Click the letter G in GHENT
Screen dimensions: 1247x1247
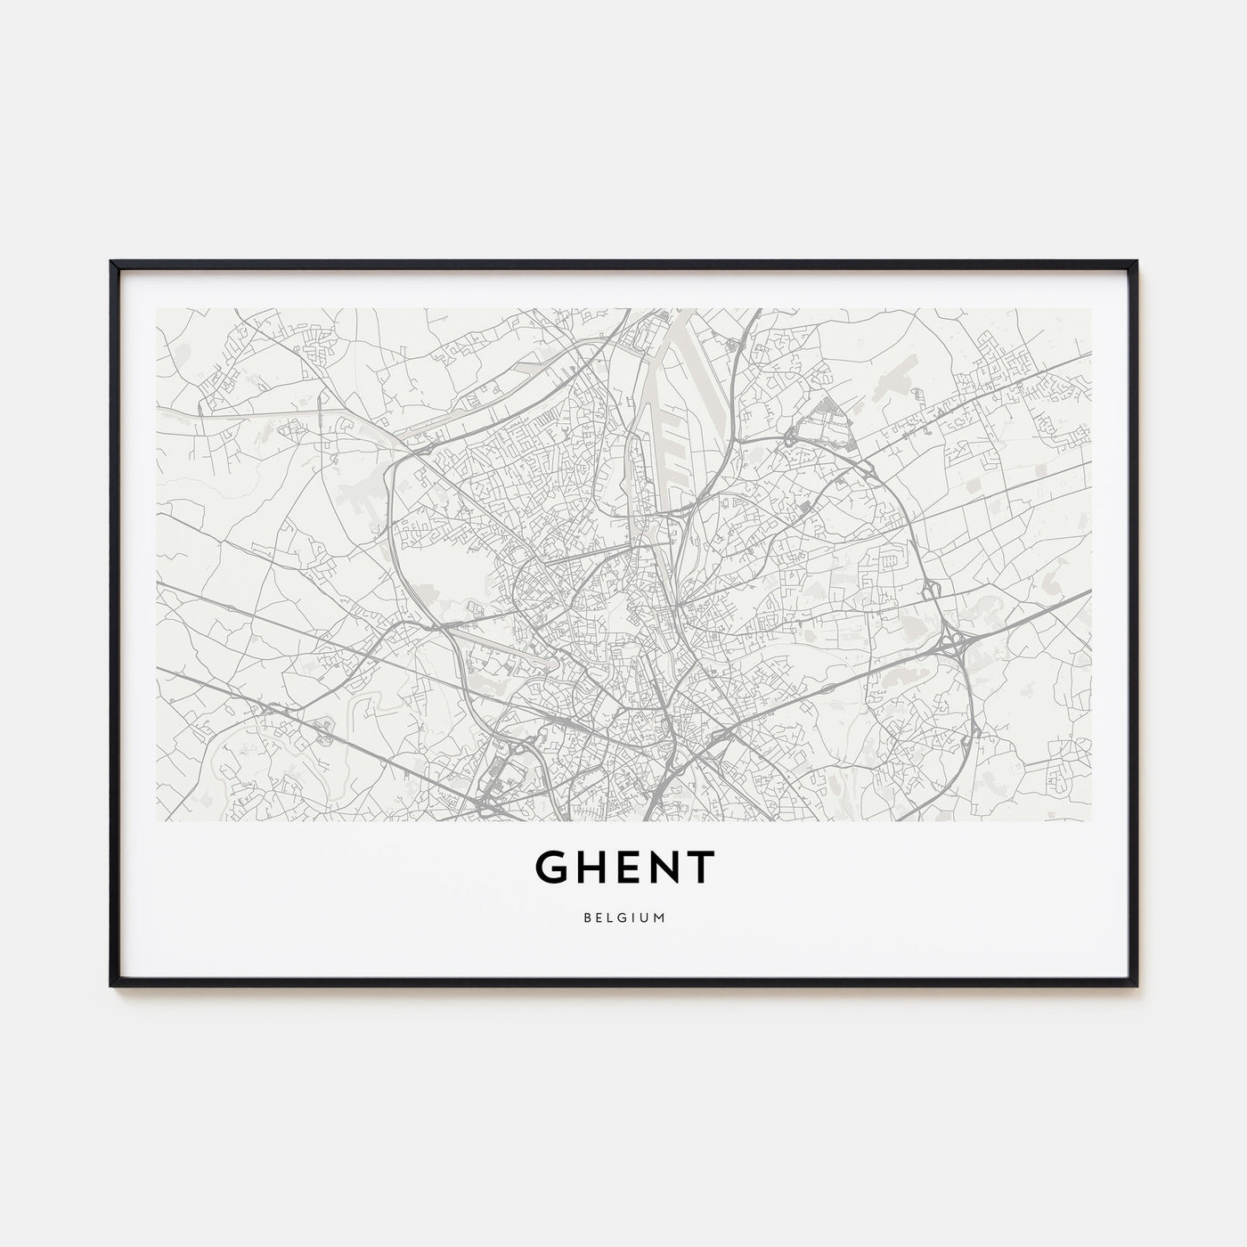(x=553, y=867)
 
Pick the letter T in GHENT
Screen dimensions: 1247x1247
(x=700, y=867)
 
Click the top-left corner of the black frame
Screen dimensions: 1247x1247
(x=111, y=262)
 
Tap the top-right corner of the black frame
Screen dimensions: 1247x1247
(x=1137, y=262)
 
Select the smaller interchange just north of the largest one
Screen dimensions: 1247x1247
(x=931, y=590)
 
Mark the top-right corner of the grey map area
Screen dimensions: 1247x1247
(x=1091, y=309)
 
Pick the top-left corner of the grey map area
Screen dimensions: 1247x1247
(x=157, y=309)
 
